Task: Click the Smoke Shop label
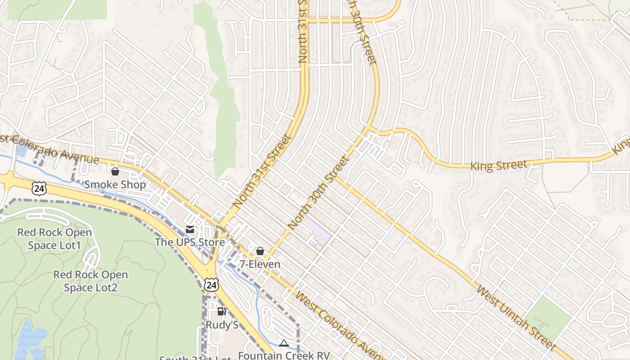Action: (115, 184)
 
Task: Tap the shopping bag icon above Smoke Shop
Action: (115, 171)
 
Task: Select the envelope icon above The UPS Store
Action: (190, 229)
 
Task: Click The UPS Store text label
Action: (190, 242)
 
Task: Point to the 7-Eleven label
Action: (260, 264)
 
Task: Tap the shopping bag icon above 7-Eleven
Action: (260, 251)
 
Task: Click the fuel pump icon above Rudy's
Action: (221, 311)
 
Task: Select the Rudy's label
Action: (222, 324)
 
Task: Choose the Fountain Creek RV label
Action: (283, 355)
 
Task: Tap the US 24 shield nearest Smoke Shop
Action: (39, 188)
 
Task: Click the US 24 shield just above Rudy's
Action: (211, 284)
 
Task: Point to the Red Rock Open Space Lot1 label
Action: (54, 238)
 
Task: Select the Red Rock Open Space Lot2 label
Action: (90, 281)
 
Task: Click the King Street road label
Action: (498, 166)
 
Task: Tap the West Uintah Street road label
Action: (515, 317)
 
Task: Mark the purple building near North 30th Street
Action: (319, 234)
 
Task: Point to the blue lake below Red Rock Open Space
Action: (30, 340)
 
